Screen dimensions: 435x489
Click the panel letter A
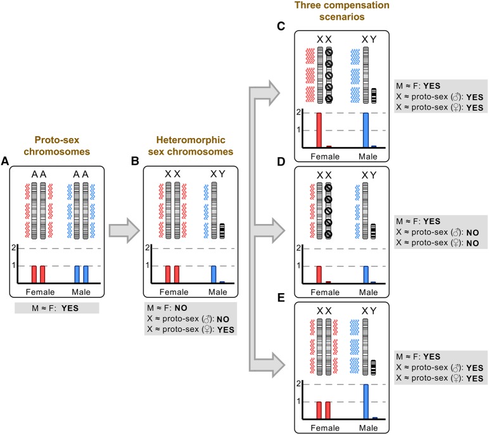point(5,162)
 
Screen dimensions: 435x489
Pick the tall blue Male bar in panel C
point(365,130)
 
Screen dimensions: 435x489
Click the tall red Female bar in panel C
point(319,130)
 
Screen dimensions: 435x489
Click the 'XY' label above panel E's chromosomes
point(369,311)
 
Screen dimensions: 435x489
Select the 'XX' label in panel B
point(170,173)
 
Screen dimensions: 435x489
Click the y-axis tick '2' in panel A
point(15,247)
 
